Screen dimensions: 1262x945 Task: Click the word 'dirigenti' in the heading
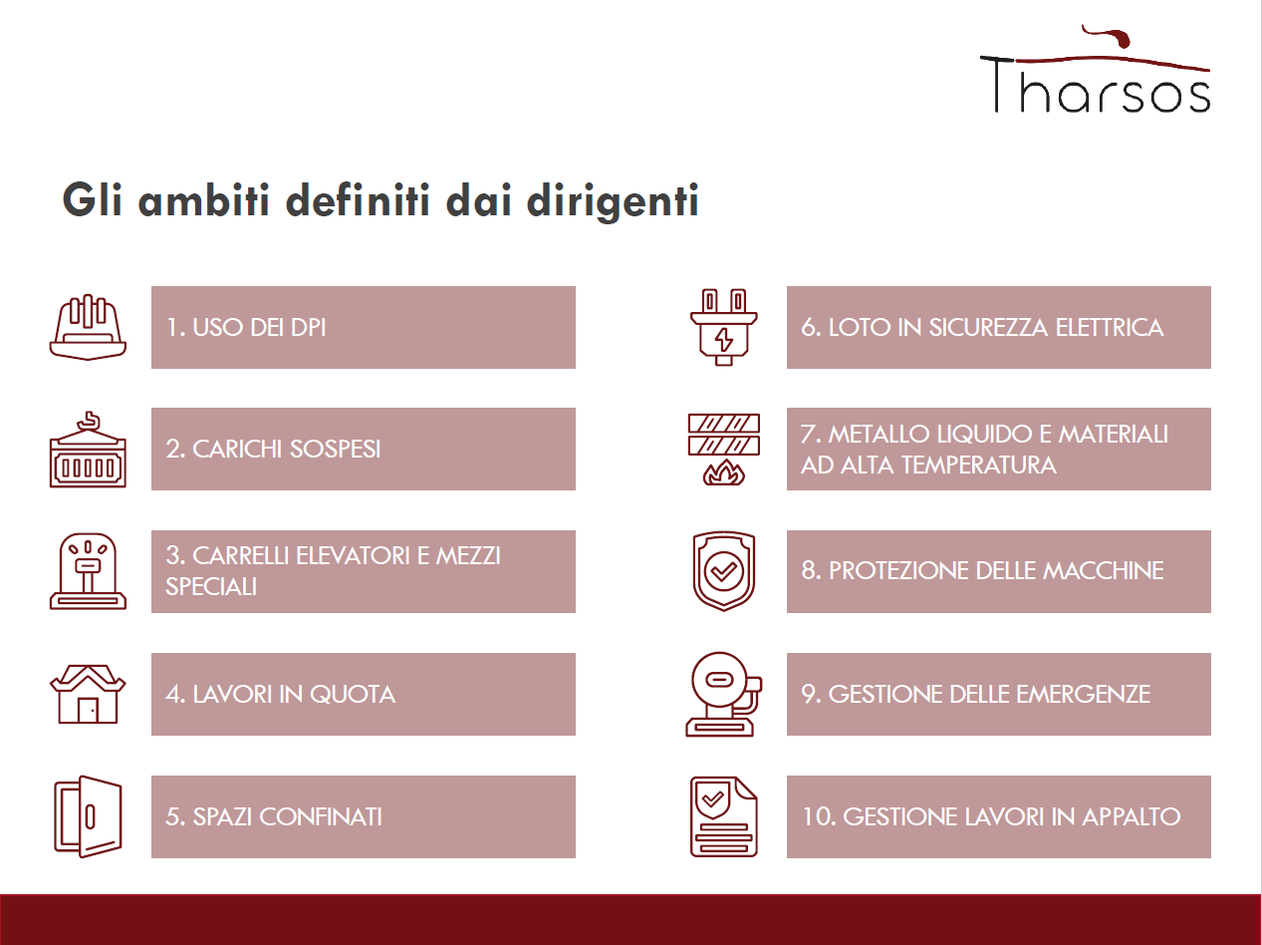pos(613,200)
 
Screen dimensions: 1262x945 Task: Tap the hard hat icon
pos(88,327)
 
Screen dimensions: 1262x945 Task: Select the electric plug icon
pos(724,327)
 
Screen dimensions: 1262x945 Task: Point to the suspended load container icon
pos(88,450)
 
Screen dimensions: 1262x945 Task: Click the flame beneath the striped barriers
pos(724,472)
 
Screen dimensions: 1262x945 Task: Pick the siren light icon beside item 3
pos(88,571)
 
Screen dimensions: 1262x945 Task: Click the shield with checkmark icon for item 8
pos(724,571)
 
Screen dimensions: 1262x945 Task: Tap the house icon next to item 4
pos(88,694)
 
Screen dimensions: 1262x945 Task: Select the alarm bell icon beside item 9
pos(724,694)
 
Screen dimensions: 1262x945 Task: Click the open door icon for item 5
pos(88,816)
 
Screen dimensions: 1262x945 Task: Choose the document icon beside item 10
pos(724,816)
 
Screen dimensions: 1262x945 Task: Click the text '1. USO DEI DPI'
pos(246,327)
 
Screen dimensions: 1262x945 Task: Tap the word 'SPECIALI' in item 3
pos(211,587)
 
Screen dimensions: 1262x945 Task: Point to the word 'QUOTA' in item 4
pos(353,694)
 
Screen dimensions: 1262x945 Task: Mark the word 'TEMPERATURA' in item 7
pos(978,465)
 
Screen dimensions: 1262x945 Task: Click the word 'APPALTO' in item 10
pos(1132,816)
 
